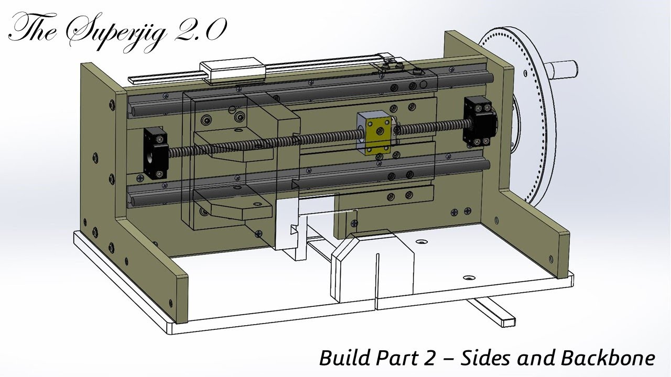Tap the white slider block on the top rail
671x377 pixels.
point(232,71)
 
